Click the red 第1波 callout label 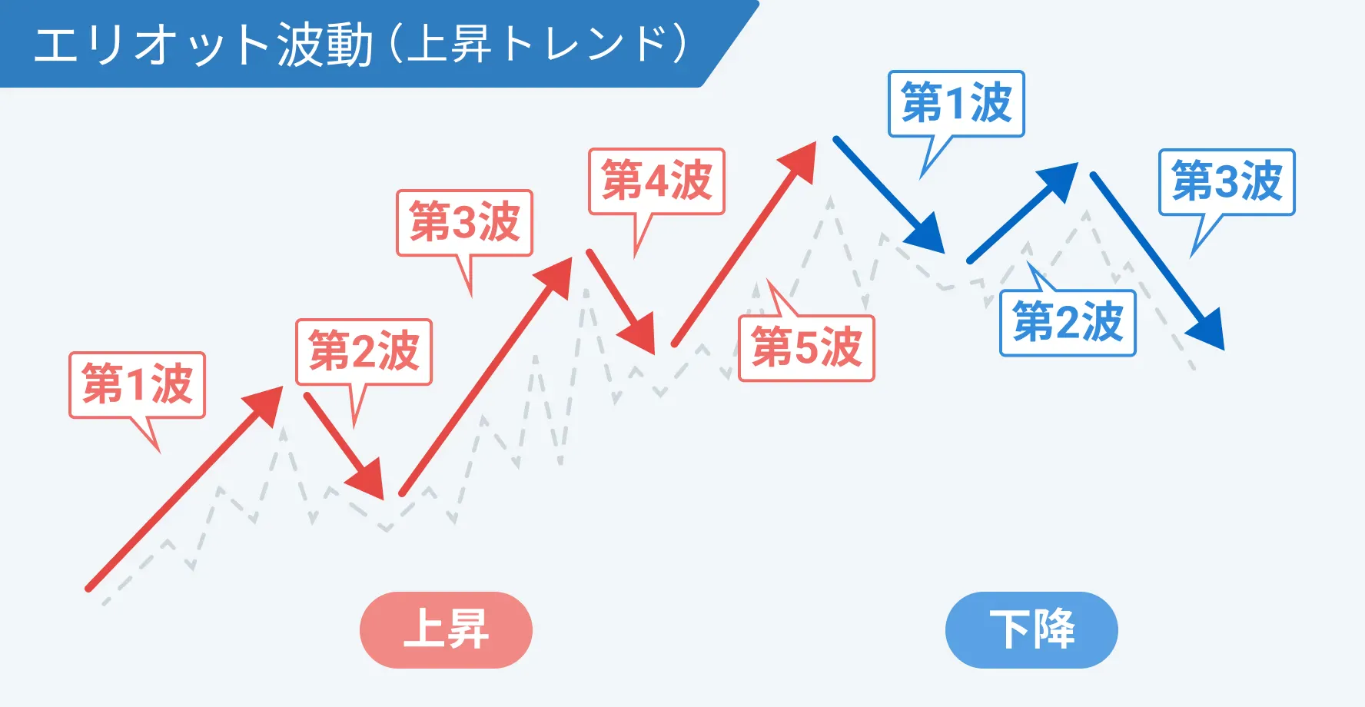[x=137, y=385]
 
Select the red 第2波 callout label [x=364, y=352]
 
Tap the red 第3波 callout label [x=465, y=223]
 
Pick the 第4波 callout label [x=657, y=181]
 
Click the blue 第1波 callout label [x=956, y=104]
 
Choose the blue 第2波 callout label [x=1068, y=323]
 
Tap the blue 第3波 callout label [x=1227, y=182]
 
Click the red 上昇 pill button [x=446, y=629]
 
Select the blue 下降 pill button [x=1031, y=629]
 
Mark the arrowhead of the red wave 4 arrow [x=638, y=334]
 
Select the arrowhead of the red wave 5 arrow [x=800, y=161]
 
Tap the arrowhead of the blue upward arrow [x=1060, y=181]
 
